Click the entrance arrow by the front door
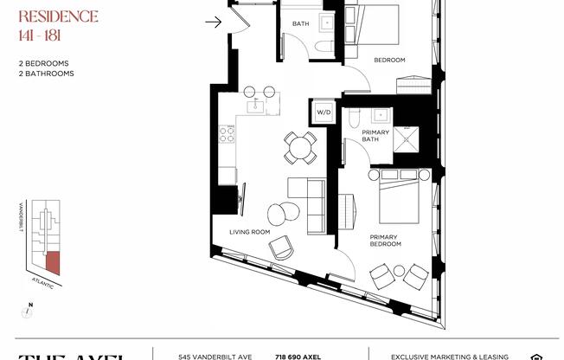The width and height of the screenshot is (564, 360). [213, 22]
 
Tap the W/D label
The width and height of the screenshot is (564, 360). [324, 112]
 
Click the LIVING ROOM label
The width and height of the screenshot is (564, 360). [250, 232]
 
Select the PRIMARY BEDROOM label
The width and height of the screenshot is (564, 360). [386, 240]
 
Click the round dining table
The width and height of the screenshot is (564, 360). [301, 148]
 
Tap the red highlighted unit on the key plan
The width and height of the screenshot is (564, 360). [54, 260]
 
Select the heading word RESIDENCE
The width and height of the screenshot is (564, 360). [58, 16]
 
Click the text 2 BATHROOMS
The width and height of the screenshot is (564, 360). [46, 74]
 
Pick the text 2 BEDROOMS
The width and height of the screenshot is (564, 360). [44, 63]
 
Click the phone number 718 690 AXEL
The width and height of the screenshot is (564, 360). [299, 356]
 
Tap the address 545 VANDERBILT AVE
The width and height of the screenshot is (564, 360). [215, 356]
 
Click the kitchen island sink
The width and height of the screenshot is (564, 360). [256, 106]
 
